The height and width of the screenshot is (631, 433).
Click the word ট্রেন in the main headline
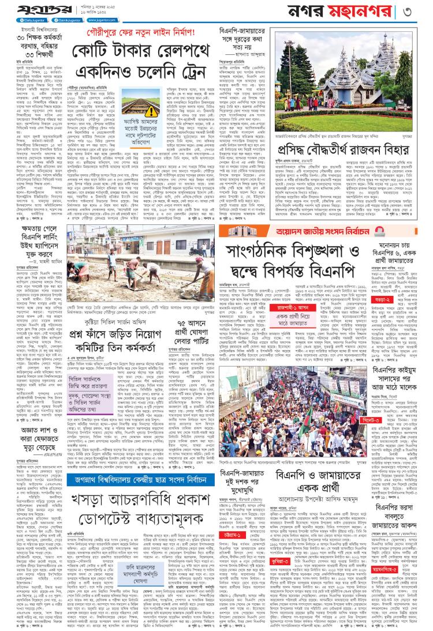pos(186,74)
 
